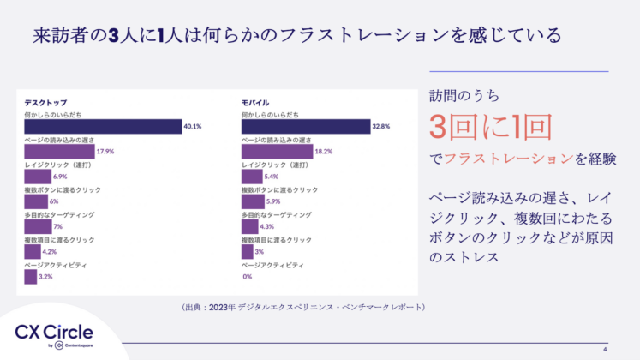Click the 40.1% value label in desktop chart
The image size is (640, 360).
[192, 126]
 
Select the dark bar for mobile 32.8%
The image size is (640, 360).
[305, 126]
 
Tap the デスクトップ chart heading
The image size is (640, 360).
[45, 102]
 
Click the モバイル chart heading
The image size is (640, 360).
[256, 102]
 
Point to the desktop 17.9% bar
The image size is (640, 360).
[58, 151]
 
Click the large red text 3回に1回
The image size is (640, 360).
[489, 127]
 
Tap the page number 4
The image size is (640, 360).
[605, 349]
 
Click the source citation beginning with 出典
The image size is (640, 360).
[303, 306]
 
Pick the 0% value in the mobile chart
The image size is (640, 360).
[247, 277]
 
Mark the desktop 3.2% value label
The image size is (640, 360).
[46, 277]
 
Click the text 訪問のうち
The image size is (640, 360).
[464, 94]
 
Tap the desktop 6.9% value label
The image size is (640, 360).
[60, 177]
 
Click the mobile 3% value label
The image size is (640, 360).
[259, 252]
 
